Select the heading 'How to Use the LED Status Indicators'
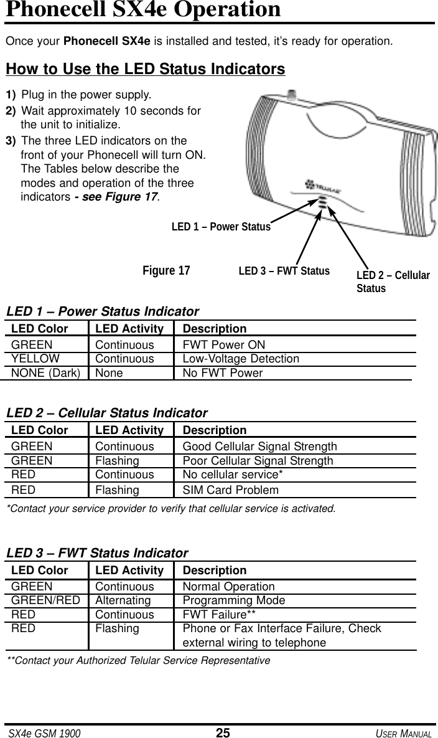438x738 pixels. [x=145, y=68]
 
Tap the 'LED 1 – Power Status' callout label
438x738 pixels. [x=221, y=227]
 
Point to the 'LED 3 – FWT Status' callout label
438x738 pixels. [x=284, y=271]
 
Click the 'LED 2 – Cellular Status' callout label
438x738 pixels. [x=393, y=281]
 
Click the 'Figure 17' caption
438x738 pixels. [x=166, y=271]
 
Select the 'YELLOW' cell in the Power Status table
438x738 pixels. [x=35, y=359]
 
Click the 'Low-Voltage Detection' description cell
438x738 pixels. [x=240, y=359]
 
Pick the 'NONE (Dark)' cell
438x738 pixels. [x=45, y=373]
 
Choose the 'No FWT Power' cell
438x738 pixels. [x=222, y=373]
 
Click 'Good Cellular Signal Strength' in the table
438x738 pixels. [x=259, y=447]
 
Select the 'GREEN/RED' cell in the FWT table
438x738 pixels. [x=45, y=600]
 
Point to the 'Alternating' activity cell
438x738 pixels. [x=123, y=600]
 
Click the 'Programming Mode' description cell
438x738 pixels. [x=233, y=600]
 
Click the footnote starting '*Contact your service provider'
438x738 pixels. [x=170, y=508]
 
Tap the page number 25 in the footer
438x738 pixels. [x=223, y=732]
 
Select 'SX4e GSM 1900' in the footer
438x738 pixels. [x=44, y=733]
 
